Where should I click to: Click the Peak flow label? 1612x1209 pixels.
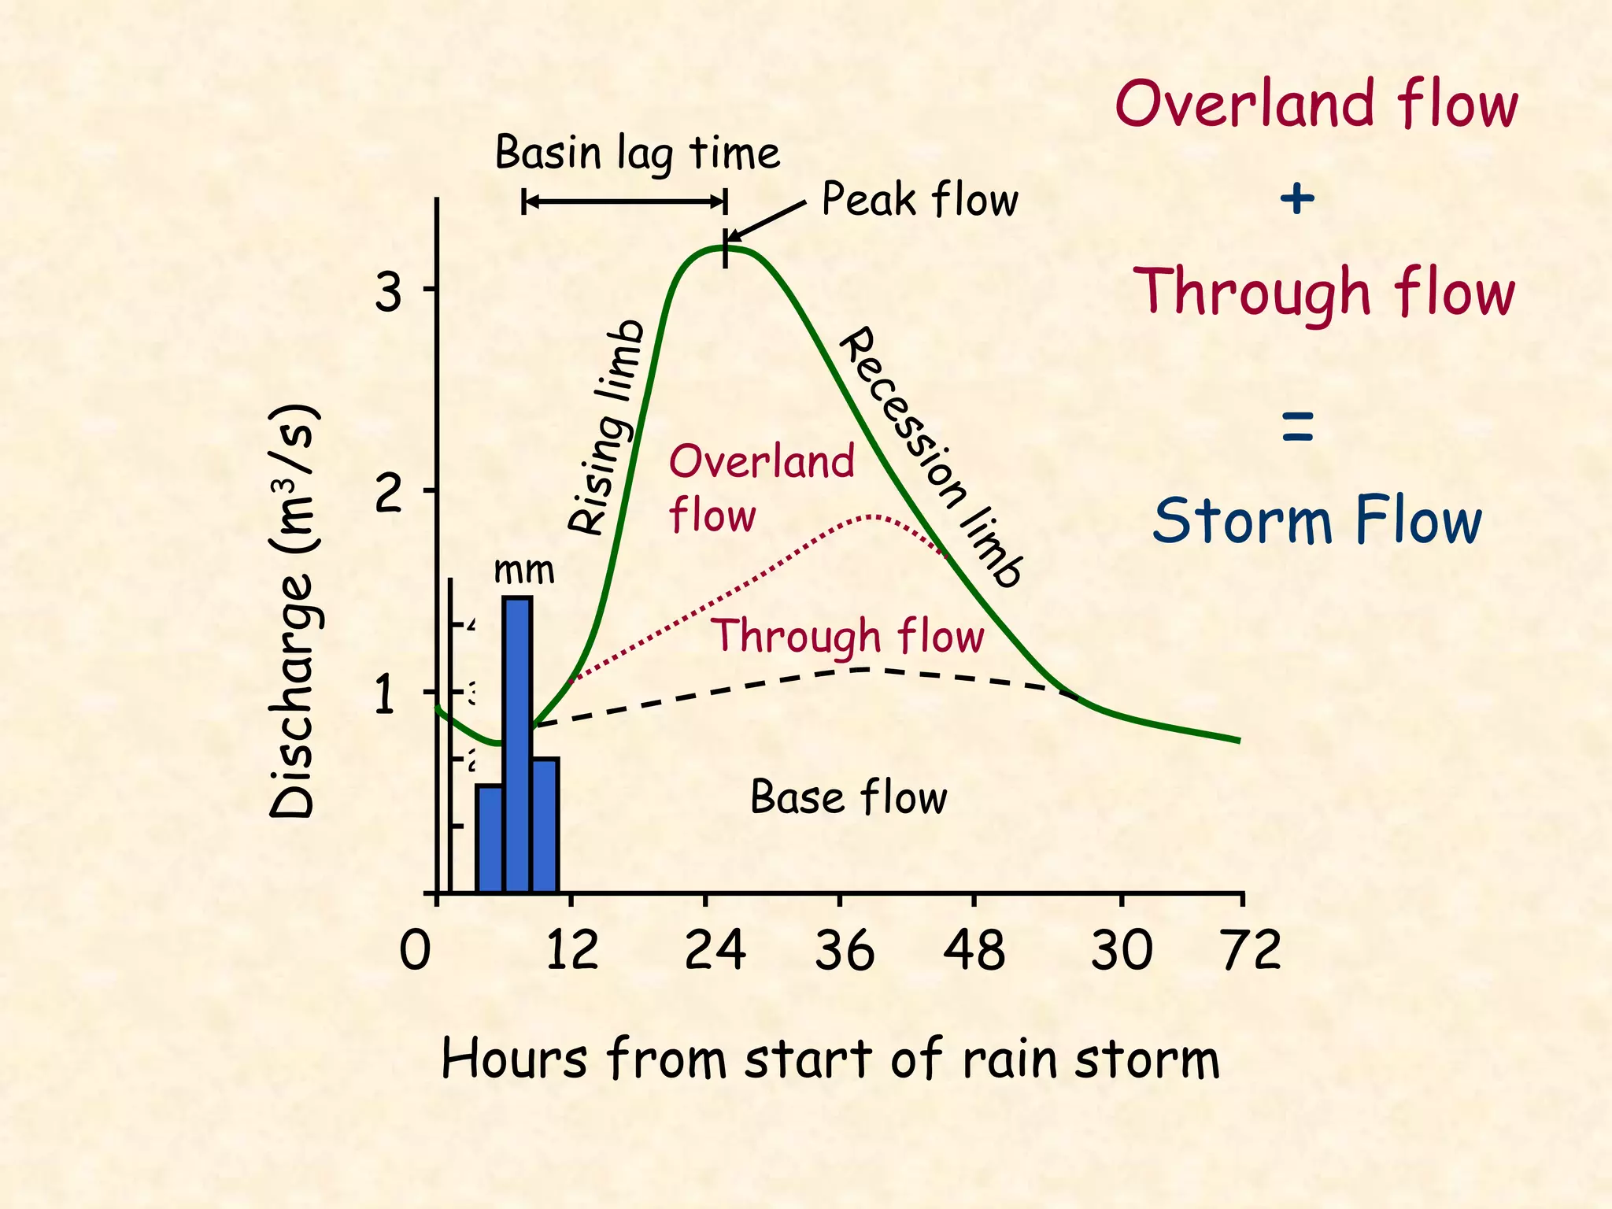(919, 199)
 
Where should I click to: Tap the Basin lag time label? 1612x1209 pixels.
(637, 153)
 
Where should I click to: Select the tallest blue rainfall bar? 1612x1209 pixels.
(517, 744)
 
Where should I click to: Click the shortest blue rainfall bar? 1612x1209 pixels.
(489, 837)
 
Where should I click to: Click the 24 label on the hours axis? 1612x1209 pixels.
(714, 950)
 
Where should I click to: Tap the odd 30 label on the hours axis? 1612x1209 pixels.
(1121, 950)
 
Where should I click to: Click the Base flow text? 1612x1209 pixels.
(849, 797)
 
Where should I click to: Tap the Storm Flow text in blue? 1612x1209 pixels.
(1317, 520)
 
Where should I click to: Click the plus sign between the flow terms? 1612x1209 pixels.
(1296, 198)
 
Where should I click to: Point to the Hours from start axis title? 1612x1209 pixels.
(830, 1059)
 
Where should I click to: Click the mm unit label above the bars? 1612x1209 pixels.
(523, 570)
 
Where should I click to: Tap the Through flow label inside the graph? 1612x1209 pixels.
(847, 636)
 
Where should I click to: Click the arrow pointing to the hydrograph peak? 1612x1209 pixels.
(763, 221)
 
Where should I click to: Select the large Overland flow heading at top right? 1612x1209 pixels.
(1316, 105)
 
